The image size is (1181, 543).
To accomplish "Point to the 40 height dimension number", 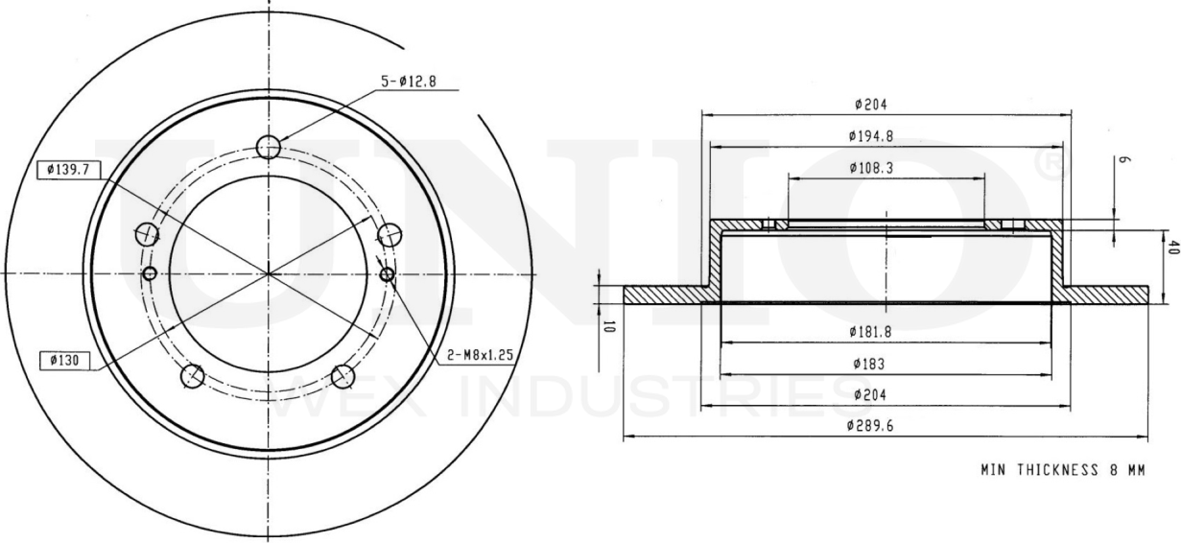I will (x=1170, y=248).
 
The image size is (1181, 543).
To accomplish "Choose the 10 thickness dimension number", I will (x=608, y=325).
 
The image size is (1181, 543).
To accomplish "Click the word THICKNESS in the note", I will (x=1057, y=470).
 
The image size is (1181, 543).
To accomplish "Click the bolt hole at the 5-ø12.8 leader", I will (x=269, y=146).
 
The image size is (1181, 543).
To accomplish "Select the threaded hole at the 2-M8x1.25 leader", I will (x=387, y=275).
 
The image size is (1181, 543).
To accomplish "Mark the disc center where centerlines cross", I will (x=269, y=273).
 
